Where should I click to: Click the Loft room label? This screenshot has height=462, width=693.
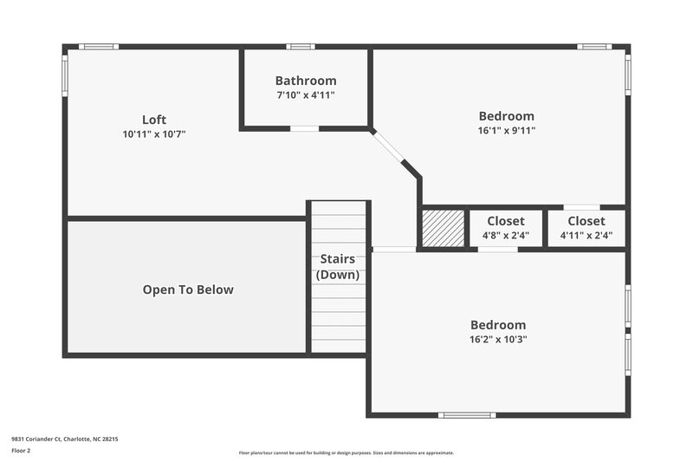[x=154, y=120]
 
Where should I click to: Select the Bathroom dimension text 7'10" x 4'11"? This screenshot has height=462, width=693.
[x=306, y=95]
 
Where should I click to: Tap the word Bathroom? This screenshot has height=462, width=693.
[x=306, y=81]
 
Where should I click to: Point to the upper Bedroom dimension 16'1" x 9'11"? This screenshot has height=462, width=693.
[x=506, y=131]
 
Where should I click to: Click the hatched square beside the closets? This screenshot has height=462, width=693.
[x=443, y=228]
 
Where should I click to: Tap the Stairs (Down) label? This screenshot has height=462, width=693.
[x=338, y=267]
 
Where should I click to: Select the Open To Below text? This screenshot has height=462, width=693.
[x=188, y=290]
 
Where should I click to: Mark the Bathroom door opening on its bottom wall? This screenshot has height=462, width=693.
[x=304, y=128]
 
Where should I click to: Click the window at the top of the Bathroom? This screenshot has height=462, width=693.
[x=301, y=47]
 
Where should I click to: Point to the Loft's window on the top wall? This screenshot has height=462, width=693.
[x=98, y=47]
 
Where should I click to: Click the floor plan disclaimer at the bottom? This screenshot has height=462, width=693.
[x=346, y=452]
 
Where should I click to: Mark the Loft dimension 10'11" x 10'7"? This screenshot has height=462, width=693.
[x=154, y=134]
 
